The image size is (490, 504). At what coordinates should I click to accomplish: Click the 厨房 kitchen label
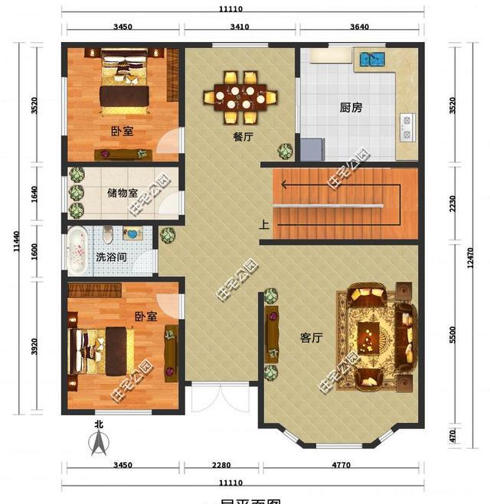pyautogui.click(x=351, y=108)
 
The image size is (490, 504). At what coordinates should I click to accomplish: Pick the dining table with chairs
pyautogui.click(x=240, y=97)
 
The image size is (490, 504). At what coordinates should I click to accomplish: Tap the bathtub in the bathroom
pyautogui.click(x=77, y=251)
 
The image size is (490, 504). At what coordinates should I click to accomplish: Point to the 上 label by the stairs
pyautogui.click(x=264, y=225)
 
